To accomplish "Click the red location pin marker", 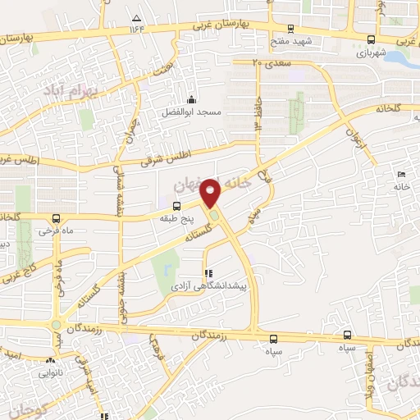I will pyautogui.click(x=212, y=193).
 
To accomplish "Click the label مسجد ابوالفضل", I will pyautogui.click(x=192, y=111).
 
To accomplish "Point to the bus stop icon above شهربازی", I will pyautogui.click(x=372, y=39).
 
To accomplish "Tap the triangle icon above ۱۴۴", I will pyautogui.click(x=136, y=17).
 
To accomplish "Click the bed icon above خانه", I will pyautogui.click(x=401, y=175).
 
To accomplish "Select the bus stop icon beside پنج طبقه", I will pyautogui.click(x=176, y=207).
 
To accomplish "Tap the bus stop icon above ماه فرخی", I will pyautogui.click(x=55, y=218).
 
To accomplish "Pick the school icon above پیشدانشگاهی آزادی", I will pyautogui.click(x=207, y=272).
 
